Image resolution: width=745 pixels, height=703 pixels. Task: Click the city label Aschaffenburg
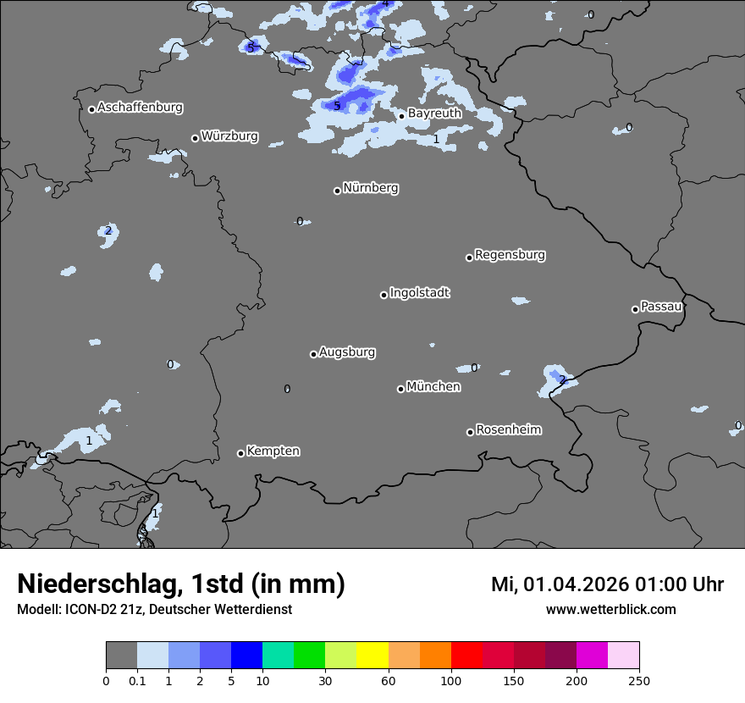[x=140, y=108]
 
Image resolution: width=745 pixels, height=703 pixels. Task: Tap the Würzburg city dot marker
[x=195, y=138]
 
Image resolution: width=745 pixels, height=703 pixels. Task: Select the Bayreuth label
[x=434, y=113]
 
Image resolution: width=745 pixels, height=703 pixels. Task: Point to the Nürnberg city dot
[x=337, y=191]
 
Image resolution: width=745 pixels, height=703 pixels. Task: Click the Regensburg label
[x=510, y=254]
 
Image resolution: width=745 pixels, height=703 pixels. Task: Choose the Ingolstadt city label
[x=419, y=293]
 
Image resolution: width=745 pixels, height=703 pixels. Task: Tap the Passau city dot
[x=635, y=309]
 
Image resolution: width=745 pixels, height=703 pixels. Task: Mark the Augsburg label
[x=347, y=351]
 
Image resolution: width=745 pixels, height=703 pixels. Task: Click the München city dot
[x=400, y=389]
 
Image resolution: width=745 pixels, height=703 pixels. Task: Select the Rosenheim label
[x=508, y=429]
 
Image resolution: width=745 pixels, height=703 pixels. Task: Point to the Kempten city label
[x=273, y=451]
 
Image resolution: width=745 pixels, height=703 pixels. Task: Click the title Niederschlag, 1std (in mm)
[x=181, y=584]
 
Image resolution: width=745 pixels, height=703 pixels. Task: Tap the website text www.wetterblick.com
[x=610, y=609]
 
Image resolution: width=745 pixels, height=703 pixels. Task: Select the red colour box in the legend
[x=466, y=656]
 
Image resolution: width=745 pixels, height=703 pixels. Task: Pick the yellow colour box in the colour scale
[x=372, y=656]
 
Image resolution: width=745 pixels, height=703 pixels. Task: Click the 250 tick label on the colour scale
[x=639, y=680]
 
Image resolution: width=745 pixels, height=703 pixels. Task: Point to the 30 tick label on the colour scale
[x=325, y=680]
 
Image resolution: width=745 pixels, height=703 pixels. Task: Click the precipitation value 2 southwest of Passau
[x=561, y=379]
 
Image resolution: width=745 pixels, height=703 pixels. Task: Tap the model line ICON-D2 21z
[x=154, y=609]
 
